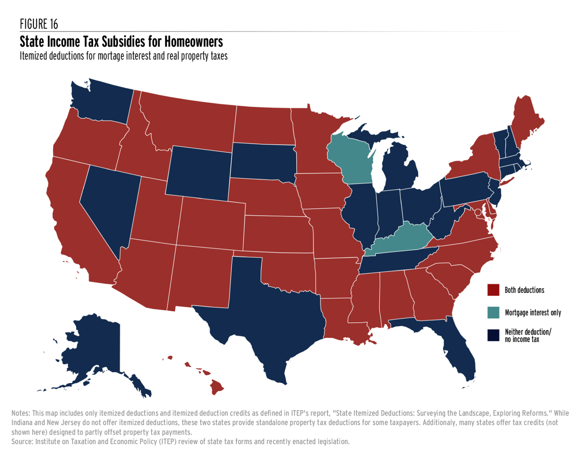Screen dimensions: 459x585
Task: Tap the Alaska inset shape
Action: [95, 350]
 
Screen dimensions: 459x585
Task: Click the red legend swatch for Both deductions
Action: [493, 290]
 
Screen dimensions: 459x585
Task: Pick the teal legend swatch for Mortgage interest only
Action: [493, 312]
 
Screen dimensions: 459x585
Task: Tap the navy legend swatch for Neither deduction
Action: [493, 335]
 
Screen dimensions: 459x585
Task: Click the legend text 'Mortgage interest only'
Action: [533, 313]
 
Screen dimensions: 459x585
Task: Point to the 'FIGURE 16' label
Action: [39, 24]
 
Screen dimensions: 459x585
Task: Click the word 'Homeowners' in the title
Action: [193, 42]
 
